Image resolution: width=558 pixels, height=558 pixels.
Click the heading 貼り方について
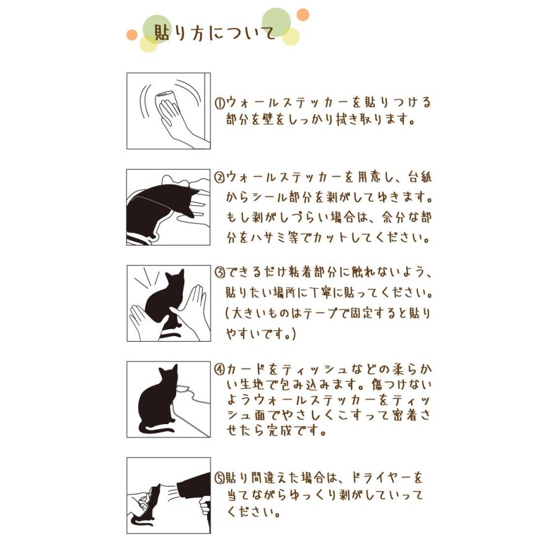[x=215, y=33]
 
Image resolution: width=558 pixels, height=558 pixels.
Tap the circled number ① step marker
[x=220, y=104]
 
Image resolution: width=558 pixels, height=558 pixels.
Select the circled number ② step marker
[x=220, y=177]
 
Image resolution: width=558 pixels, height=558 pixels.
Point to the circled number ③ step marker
[x=220, y=273]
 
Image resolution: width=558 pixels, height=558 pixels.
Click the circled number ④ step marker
[x=220, y=370]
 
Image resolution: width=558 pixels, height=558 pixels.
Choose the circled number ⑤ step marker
[x=220, y=477]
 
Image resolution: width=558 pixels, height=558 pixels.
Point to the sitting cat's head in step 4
[x=168, y=375]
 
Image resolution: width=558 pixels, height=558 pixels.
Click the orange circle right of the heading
[x=303, y=15]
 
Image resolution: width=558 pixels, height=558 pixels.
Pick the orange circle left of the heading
[x=132, y=35]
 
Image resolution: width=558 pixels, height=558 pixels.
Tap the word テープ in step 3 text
[x=314, y=314]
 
